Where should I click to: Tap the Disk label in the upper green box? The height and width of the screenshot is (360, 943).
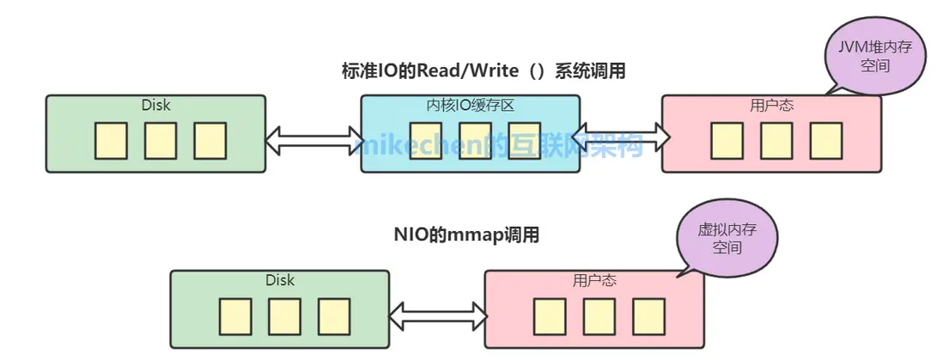point(155,106)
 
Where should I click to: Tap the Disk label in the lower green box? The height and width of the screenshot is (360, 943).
point(280,281)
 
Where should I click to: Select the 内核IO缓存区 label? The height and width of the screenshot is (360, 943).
point(470,106)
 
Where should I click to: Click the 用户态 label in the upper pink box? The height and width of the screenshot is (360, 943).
point(771,106)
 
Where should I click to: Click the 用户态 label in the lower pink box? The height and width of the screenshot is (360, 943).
point(594,281)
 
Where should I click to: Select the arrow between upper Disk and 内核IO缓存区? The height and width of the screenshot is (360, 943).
point(313,140)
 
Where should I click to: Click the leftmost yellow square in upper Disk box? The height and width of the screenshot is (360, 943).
point(111,141)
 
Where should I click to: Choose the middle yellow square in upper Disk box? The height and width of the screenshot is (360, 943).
point(161,141)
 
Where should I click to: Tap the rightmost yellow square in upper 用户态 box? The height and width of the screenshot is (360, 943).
point(826,141)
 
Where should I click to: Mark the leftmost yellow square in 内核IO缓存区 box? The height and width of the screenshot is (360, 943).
point(425,141)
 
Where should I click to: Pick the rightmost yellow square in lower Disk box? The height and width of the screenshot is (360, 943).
point(335,316)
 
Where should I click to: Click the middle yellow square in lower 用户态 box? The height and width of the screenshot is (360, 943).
point(599,316)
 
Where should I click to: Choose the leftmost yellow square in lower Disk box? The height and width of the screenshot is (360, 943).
point(234,316)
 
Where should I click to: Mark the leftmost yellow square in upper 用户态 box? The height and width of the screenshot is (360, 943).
point(727,141)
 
